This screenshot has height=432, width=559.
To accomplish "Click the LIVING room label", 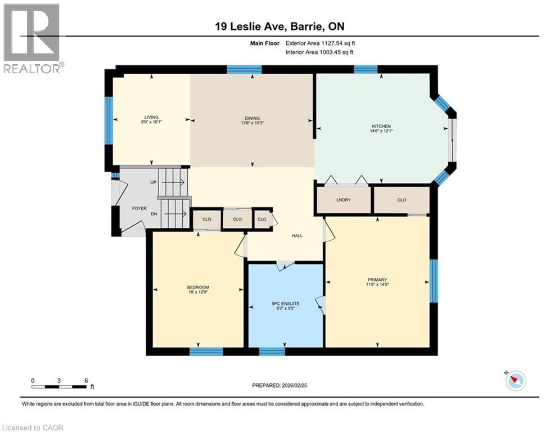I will coord(151,118).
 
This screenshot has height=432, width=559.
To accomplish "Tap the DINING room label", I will coord(251,118).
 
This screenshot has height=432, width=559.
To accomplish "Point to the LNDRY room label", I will coord(343,200).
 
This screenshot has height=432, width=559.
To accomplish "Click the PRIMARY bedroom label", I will coord(377,280).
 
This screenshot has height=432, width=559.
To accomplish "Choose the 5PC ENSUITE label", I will coord(285,304).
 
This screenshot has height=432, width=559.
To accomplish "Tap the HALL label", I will coord(297,235).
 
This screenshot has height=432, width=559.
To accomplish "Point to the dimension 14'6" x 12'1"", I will coord(381,131).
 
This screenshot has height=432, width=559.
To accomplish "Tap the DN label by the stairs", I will coord(152,214).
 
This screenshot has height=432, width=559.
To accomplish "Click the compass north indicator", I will coord(515,381).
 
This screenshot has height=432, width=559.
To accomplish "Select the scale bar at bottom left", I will coord(59,386).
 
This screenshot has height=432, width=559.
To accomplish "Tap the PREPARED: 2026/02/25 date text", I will coord(279,385).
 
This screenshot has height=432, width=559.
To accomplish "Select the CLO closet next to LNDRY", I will coord(401,200).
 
